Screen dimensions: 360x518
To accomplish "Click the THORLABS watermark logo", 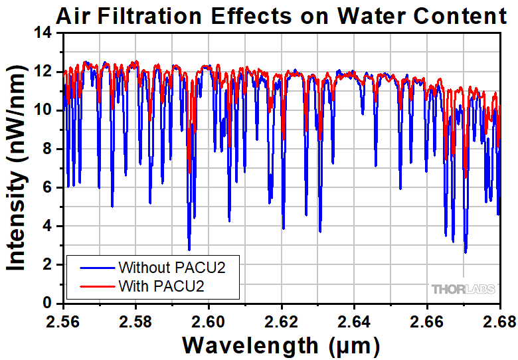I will (x=462, y=290).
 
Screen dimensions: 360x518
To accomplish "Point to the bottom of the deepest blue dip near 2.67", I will (x=466, y=252).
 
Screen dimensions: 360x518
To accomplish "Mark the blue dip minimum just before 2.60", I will (x=189, y=250).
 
